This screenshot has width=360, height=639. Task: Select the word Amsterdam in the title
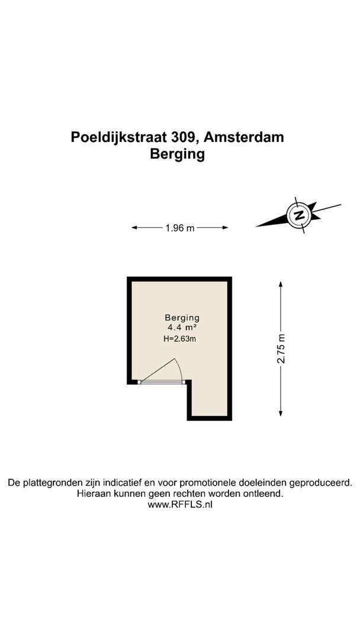click(x=246, y=137)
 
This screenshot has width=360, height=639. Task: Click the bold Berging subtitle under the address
click(x=178, y=154)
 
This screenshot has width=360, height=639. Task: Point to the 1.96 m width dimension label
click(x=179, y=227)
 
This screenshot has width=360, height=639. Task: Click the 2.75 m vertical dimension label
click(x=282, y=349)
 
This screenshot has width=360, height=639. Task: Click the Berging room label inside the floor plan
click(x=182, y=317)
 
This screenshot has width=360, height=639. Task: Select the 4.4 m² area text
click(x=182, y=327)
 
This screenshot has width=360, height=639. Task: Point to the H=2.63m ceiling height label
click(x=179, y=339)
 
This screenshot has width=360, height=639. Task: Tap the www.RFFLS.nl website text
click(x=179, y=505)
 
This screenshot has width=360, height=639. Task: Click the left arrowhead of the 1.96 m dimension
click(x=134, y=227)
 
